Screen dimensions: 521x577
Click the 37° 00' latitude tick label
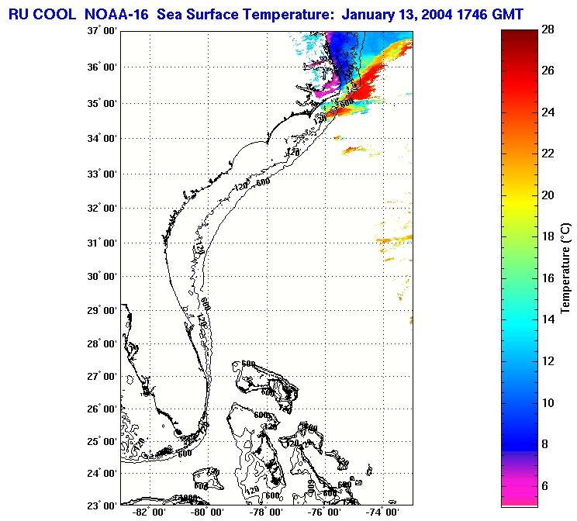pyautogui.click(x=101, y=32)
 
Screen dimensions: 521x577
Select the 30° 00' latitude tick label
pyautogui.click(x=101, y=276)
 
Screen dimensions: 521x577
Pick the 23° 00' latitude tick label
pyautogui.click(x=101, y=505)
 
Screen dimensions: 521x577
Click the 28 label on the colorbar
pyautogui.click(x=548, y=29)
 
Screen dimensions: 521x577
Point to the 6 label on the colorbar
pyautogui.click(x=544, y=485)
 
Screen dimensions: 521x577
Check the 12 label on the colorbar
pyautogui.click(x=548, y=361)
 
